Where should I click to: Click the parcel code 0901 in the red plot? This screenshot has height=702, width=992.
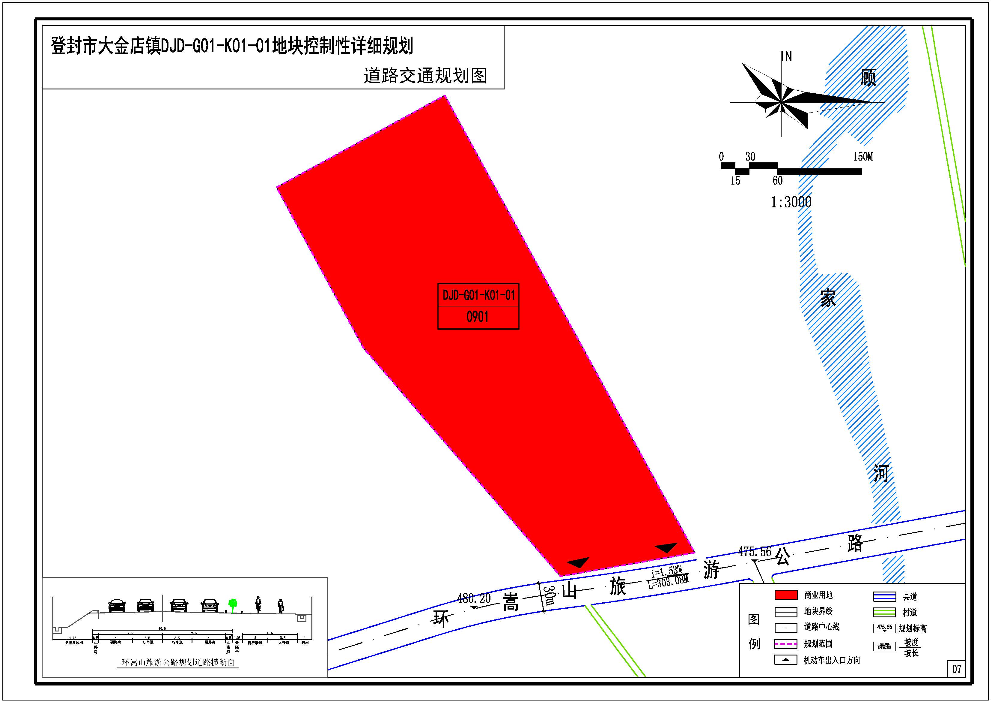click(478, 317)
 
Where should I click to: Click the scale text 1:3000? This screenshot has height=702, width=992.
click(791, 202)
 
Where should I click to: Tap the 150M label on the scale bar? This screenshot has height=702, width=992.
click(863, 157)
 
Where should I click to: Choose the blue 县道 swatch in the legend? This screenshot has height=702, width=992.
click(884, 596)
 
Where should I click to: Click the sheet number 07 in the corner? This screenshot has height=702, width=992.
click(957, 669)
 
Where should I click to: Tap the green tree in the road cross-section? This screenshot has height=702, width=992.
click(232, 604)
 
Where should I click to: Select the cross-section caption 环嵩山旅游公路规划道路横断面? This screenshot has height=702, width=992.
click(178, 662)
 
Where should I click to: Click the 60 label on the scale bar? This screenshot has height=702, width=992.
click(777, 181)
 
